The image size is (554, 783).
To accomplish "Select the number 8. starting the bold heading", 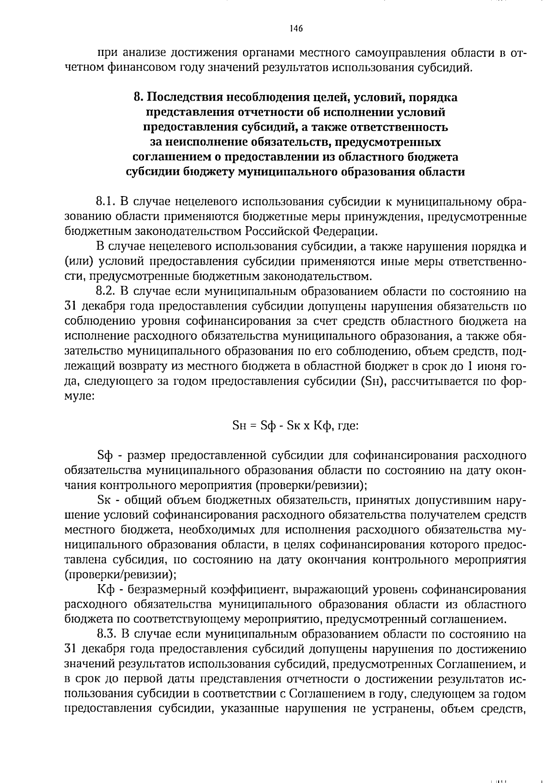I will (138, 97).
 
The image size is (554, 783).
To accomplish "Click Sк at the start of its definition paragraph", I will (105, 501).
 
